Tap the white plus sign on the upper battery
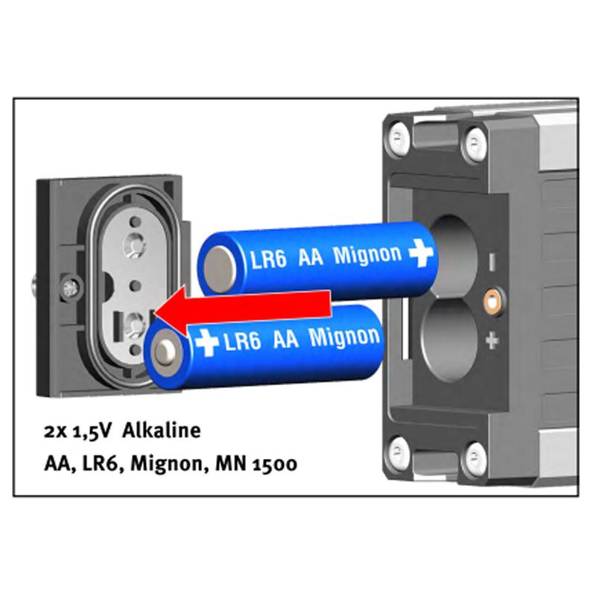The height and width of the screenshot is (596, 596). [x=421, y=253]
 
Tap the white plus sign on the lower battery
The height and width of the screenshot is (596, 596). [x=207, y=343]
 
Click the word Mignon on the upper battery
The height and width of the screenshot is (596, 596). [x=367, y=255]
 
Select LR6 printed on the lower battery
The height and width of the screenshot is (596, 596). [x=243, y=340]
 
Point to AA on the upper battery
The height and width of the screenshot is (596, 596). [x=311, y=257]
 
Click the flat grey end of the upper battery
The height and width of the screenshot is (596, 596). [x=220, y=270]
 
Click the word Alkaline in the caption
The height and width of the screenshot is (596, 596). [x=162, y=431]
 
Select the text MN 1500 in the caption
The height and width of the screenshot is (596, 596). [x=256, y=463]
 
